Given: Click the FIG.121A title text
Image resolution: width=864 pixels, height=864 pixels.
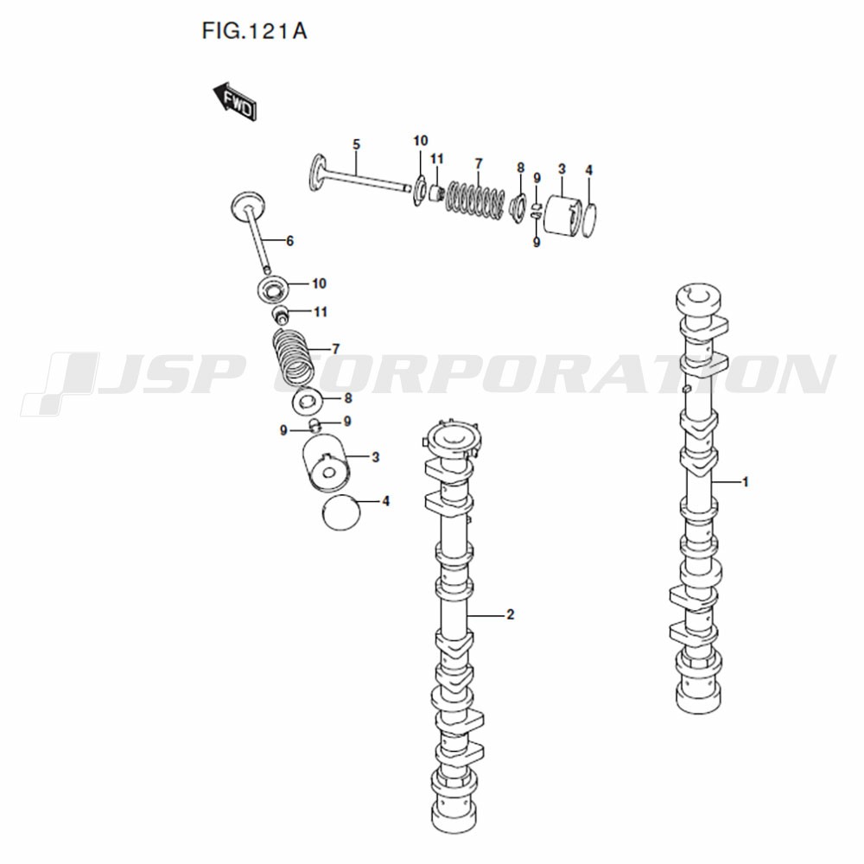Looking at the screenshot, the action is pos(254,31).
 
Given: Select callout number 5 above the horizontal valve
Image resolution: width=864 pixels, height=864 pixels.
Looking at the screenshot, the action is pos(356,145).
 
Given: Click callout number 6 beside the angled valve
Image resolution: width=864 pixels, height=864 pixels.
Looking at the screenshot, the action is pos(289,241).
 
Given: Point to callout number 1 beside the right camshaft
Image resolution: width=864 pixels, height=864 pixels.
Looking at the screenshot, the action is pos(746,482).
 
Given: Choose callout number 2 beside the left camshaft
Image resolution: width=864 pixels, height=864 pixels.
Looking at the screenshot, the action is pos(511,613).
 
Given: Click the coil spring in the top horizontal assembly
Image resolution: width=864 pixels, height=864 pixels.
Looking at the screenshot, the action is pos(475,200).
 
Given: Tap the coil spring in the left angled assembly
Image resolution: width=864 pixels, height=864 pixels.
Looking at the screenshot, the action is pos(294,357).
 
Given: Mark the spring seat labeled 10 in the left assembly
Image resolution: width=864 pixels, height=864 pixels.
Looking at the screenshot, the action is pos(273,289).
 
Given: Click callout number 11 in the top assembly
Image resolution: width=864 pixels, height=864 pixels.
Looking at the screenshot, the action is pos(437,159).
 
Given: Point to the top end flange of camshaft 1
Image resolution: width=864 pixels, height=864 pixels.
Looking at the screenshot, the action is pos(699,299).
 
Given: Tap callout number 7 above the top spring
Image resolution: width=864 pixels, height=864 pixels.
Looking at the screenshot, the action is pos(479,163).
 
